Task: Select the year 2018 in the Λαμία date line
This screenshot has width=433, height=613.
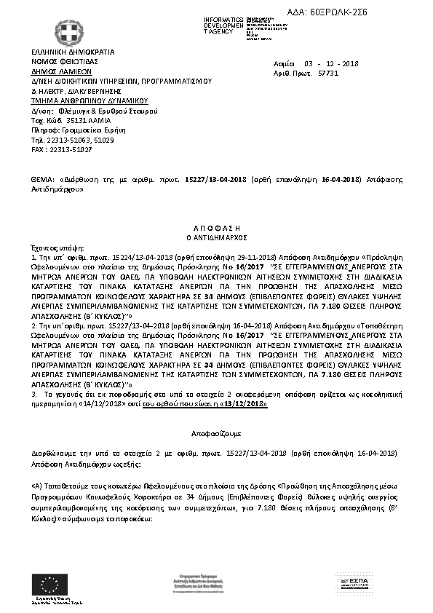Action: point(360,64)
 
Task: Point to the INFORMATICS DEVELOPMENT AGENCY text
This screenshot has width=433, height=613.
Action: point(223,25)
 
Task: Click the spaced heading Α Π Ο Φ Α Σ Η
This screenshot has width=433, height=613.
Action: point(215,228)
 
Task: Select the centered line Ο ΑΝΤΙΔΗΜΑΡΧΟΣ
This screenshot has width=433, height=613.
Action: point(215,237)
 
